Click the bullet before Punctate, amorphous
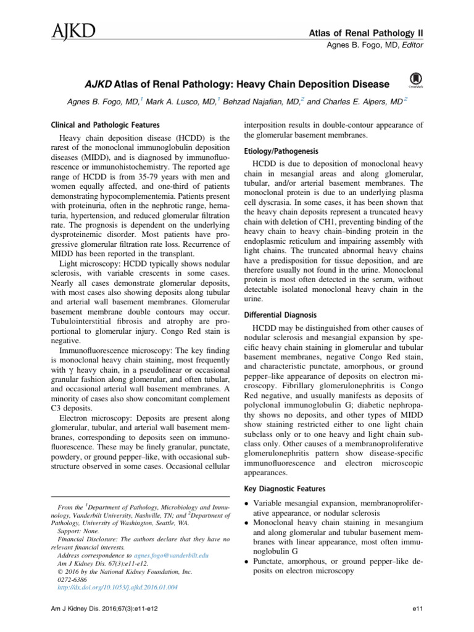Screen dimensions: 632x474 coord(247,562)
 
